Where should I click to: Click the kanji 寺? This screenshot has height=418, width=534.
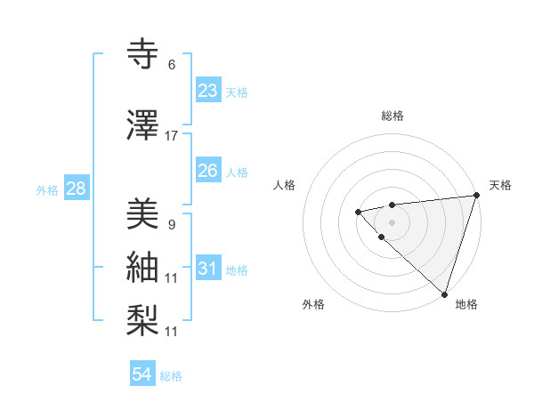(x=145, y=55)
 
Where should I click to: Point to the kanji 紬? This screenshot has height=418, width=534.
(x=145, y=268)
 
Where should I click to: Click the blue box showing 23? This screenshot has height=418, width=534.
(x=208, y=91)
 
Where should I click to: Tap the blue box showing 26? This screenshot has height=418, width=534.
(x=208, y=171)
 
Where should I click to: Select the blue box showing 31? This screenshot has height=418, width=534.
(x=208, y=269)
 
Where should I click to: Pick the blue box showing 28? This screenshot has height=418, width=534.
(x=75, y=189)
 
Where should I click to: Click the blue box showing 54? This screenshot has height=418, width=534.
(x=142, y=374)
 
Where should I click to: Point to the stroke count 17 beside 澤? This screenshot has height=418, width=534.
(x=172, y=135)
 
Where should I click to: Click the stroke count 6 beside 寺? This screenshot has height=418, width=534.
(x=172, y=64)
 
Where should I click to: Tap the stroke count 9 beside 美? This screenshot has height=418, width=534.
(x=171, y=224)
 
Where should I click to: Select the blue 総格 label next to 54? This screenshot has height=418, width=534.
(x=171, y=376)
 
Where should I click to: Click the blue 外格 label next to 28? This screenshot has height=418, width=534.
(x=47, y=189)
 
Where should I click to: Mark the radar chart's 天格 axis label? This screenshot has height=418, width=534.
(x=500, y=185)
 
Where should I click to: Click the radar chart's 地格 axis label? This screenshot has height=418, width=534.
(x=466, y=304)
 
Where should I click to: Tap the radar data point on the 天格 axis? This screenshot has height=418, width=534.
(x=475, y=195)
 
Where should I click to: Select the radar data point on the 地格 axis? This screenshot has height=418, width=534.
(x=444, y=293)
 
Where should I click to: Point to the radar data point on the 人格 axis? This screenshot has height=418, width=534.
(x=358, y=212)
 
